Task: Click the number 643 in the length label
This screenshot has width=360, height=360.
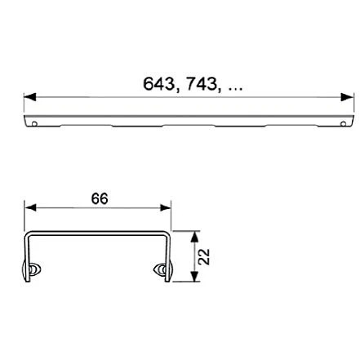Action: point(160,83)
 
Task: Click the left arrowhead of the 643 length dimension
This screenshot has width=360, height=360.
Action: point(29,97)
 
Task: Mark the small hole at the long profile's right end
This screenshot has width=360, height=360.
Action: point(344,124)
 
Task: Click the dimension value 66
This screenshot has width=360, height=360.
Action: point(100,199)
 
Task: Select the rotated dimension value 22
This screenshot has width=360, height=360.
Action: point(204,256)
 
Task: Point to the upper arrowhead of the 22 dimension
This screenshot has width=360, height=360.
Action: point(194,236)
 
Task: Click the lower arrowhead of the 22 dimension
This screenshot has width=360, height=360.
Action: point(194,277)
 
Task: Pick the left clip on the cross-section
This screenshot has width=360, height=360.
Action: point(34,271)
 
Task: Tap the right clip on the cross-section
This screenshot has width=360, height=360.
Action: point(161,271)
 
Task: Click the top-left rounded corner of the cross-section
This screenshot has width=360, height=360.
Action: point(29,236)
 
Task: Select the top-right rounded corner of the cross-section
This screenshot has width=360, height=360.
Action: point(166,236)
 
